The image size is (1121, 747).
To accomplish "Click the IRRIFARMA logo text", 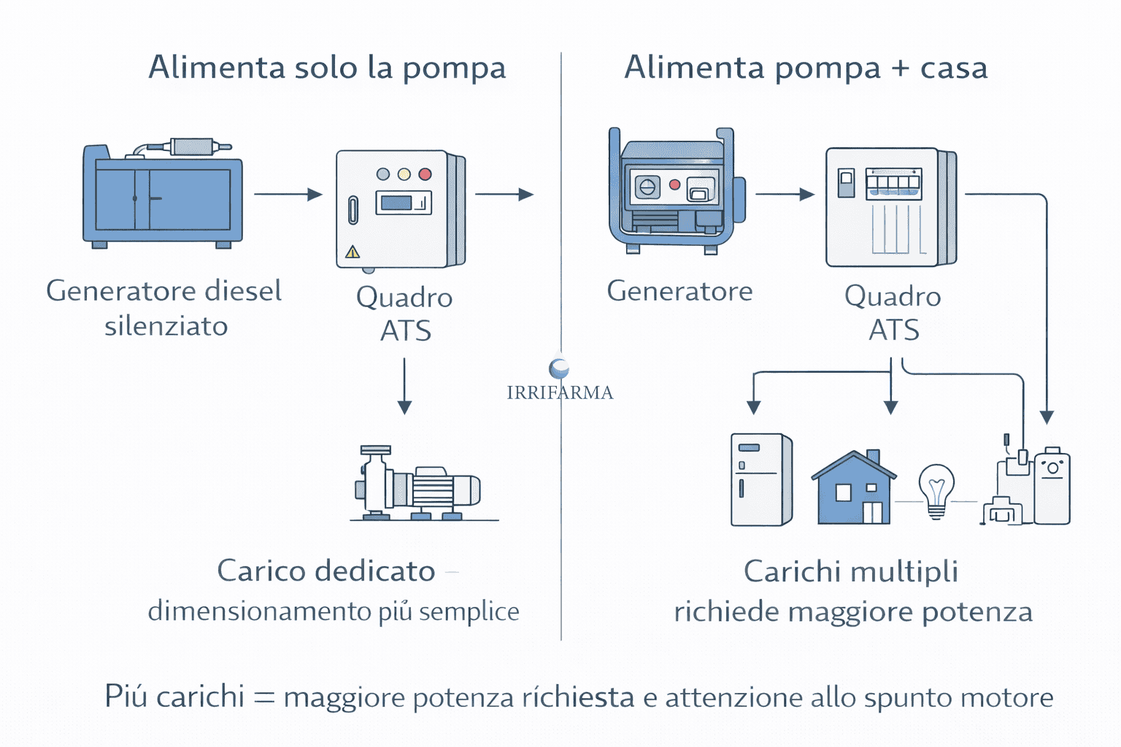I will tap(560, 392).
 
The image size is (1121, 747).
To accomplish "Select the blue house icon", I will tap(853, 488).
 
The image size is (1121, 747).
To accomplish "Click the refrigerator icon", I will tap(761, 479).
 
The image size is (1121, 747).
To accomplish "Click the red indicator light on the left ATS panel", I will tap(425, 174).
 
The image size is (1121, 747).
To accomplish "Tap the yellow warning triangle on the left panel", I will tap(353, 252).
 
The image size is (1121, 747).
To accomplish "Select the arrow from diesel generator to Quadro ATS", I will tap(288, 194).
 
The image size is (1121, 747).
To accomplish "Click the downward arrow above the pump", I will tap(404, 386).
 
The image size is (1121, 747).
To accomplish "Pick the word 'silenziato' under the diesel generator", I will tap(166, 326).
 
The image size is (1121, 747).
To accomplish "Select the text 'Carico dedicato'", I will tap(325, 571).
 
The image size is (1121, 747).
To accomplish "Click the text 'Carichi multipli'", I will tap(850, 571).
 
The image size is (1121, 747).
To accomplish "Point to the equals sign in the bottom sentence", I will tap(263, 698).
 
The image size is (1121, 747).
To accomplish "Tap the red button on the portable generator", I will tap(674, 185).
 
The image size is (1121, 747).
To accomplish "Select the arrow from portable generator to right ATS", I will tap(785, 194).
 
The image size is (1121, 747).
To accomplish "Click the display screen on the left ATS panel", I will tap(403, 203).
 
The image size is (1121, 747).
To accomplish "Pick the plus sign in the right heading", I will tap(900, 69).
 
